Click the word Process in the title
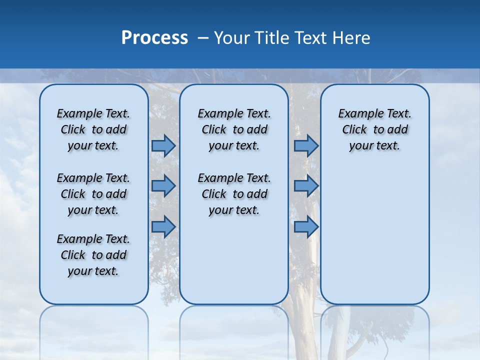pos(154,38)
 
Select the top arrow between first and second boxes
pos(163,145)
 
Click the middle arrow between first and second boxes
pos(163,186)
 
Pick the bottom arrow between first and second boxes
pos(163,226)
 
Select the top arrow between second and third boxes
pos(306,145)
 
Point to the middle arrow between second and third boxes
pos(306,186)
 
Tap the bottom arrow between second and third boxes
pos(306,226)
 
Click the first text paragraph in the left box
pos(93,129)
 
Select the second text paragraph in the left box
pos(93,194)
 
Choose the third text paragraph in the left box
pos(93,255)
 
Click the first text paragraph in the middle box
pos(234,129)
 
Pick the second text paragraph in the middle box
pos(234,194)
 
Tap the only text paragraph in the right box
pos(374,129)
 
